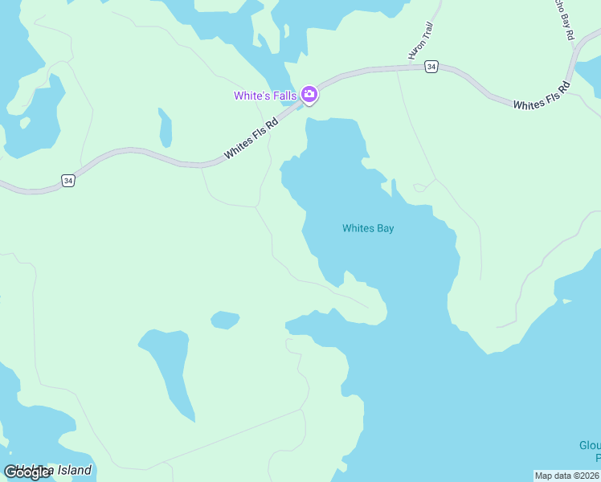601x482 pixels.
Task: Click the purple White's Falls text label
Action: click(x=265, y=96)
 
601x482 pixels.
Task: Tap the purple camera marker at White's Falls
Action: click(x=309, y=95)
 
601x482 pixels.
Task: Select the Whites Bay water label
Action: click(x=368, y=228)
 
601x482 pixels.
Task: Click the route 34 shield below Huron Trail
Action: click(x=431, y=67)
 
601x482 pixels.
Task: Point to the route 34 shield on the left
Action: click(x=68, y=182)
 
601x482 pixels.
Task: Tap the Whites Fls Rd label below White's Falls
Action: click(x=251, y=138)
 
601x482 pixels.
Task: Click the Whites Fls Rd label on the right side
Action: click(x=541, y=96)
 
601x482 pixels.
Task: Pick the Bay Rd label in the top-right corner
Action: click(x=562, y=19)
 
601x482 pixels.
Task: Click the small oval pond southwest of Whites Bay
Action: click(x=225, y=321)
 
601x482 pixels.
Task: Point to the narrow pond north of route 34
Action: click(x=165, y=128)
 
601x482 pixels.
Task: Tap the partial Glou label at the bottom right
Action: click(x=590, y=446)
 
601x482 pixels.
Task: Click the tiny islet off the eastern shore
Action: click(x=567, y=301)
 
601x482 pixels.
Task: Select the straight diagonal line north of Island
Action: click(x=225, y=437)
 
